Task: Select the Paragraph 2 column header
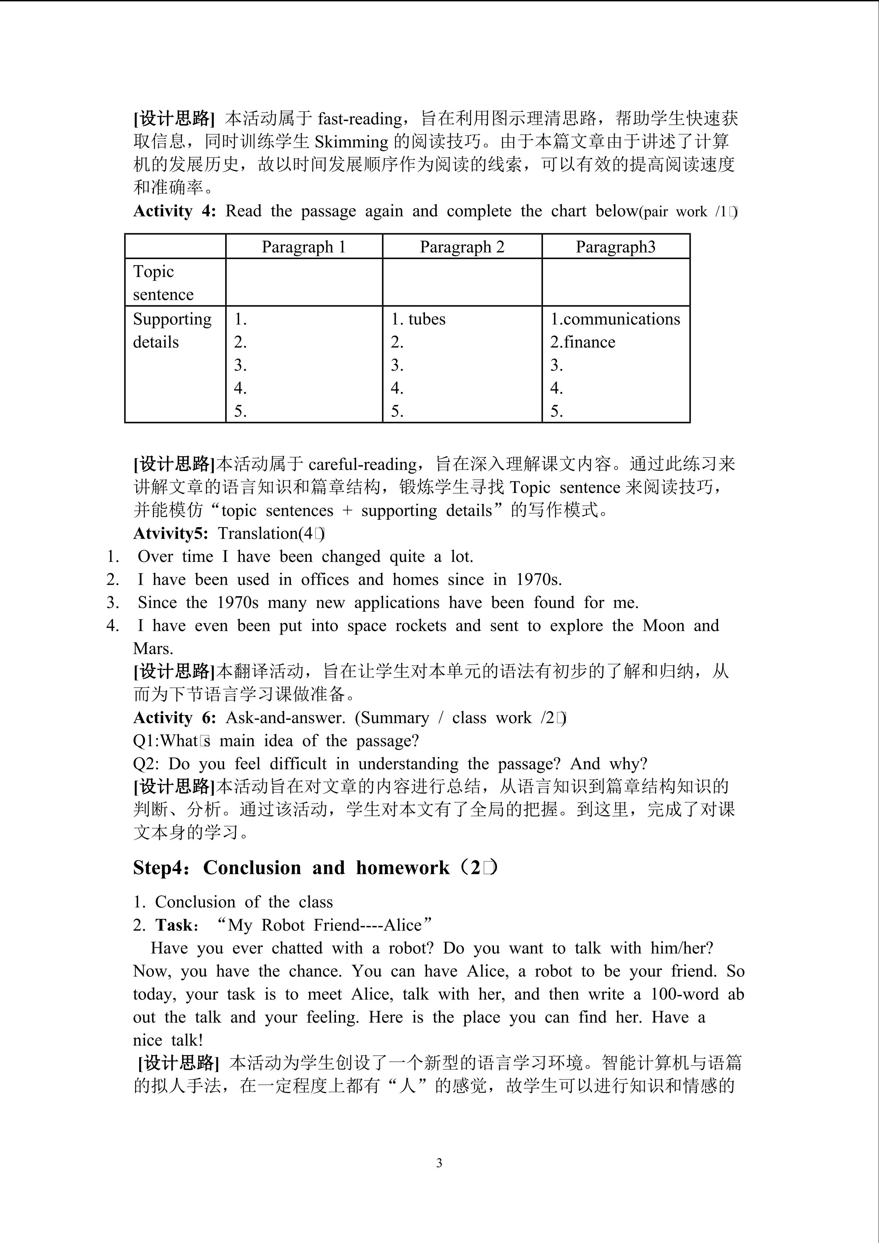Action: pos(462,247)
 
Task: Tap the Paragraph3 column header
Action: pos(615,247)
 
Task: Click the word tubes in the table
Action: pos(427,319)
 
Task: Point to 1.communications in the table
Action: pos(615,319)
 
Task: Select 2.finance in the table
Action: pos(583,342)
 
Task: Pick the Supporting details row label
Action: pos(172,330)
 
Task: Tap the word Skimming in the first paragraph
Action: pos(351,142)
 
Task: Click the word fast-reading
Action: pos(360,119)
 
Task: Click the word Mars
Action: pos(153,649)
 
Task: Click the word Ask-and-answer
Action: pos(285,718)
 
